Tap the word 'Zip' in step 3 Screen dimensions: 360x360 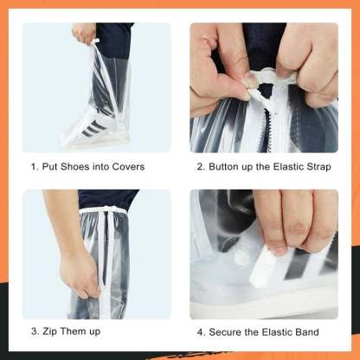[55, 331]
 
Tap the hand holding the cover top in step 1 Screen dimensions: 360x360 [85, 33]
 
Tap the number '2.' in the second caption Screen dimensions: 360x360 [202, 167]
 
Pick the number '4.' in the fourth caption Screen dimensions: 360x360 [202, 331]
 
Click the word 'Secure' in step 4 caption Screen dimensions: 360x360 [227, 331]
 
